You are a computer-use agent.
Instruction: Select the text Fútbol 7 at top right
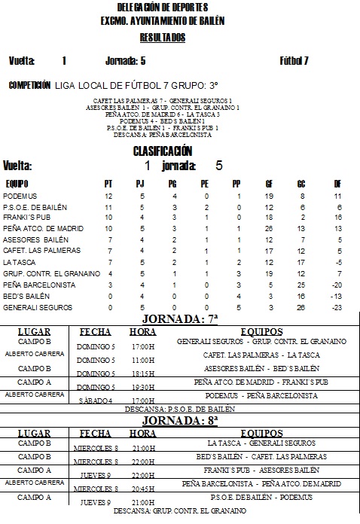coord(294,61)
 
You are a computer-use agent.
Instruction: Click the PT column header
coord(108,183)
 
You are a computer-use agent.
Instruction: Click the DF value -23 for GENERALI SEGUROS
coord(338,308)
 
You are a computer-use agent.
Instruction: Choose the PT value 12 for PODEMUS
coord(108,196)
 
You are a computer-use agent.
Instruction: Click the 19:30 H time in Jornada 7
coord(142,386)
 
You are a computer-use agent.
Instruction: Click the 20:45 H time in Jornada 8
coord(142,487)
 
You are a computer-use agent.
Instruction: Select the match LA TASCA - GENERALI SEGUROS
coord(261,443)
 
